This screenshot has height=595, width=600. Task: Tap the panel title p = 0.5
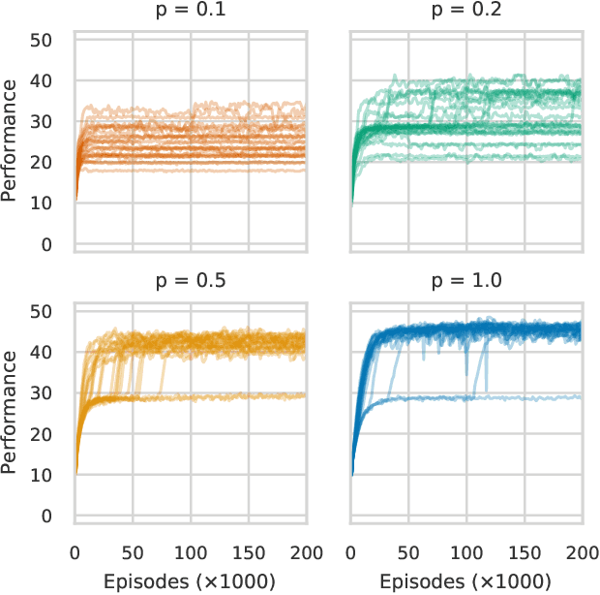[x=190, y=284]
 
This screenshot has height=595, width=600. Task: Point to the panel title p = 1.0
[x=466, y=284]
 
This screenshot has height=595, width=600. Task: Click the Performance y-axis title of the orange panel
[x=12, y=141]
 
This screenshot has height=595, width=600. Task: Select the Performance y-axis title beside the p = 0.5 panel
[x=12, y=412]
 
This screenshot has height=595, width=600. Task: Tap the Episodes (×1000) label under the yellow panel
[x=190, y=581]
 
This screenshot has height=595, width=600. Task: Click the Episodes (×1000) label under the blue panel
[x=466, y=581]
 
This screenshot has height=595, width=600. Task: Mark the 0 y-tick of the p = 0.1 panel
[x=58, y=245]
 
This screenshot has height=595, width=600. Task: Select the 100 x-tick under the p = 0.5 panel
[x=191, y=553]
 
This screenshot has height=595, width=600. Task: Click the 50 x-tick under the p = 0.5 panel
[x=133, y=553]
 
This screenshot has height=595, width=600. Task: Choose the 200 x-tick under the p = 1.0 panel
[x=581, y=553]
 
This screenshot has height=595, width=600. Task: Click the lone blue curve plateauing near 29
[x=542, y=397]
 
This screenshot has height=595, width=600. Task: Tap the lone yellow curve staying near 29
[x=242, y=396]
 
